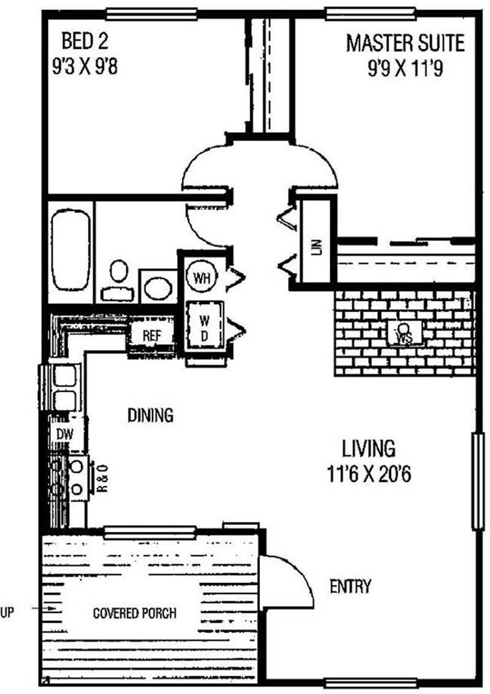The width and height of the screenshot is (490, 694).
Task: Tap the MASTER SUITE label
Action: [x=405, y=43]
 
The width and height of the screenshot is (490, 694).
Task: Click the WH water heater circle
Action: [x=199, y=277]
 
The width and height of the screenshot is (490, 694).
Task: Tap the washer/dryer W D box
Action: [x=204, y=325]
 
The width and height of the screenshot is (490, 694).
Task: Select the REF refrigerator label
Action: [x=152, y=335]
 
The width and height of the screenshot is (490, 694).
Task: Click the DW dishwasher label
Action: [x=61, y=434]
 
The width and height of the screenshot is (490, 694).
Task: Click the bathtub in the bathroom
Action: [x=70, y=249]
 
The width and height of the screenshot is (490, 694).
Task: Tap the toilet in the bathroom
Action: [x=118, y=280]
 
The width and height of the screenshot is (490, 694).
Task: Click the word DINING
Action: [x=150, y=415]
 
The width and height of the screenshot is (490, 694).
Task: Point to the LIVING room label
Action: [x=367, y=450]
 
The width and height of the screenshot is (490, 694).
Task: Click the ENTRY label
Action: [x=350, y=587]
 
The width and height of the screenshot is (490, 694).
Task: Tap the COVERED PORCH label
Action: [x=135, y=614]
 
